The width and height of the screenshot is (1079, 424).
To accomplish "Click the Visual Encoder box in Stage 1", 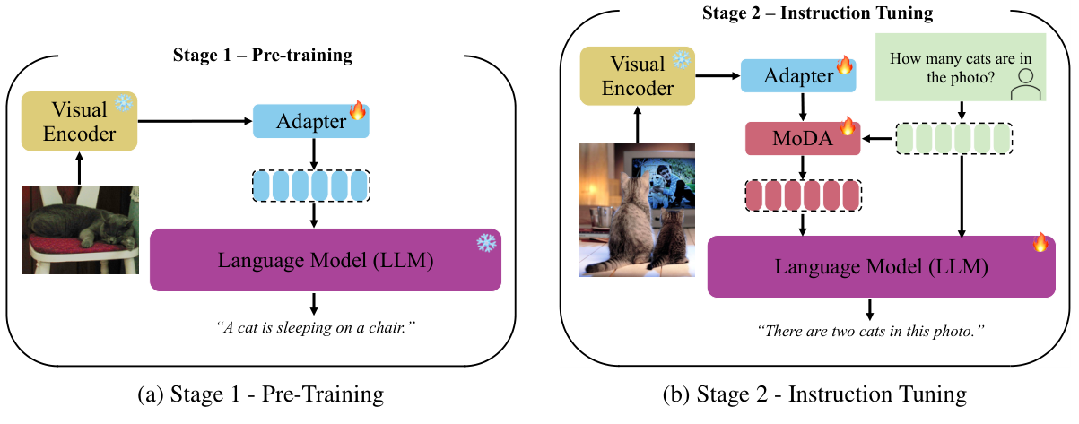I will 79,121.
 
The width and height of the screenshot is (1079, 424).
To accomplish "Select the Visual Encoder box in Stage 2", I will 636,75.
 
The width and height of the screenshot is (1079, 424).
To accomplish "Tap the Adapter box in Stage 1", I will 310,121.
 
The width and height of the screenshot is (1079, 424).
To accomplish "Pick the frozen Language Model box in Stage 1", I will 325,260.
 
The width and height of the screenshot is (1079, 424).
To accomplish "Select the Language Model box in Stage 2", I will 882,266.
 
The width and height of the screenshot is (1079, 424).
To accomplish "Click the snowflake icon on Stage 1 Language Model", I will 486,243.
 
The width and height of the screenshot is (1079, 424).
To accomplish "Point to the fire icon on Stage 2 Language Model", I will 1040,242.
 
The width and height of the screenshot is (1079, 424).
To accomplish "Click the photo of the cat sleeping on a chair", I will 80,229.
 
